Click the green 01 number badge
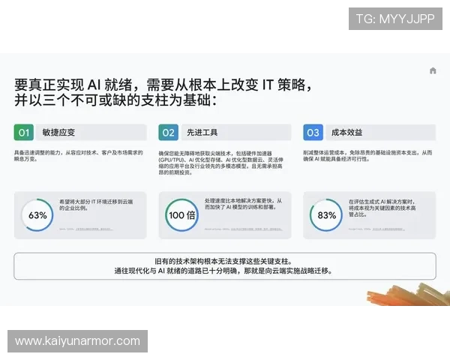coord(24,133)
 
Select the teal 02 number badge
coord(169,133)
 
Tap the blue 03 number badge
coord(313,133)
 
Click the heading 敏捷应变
coord(58,133)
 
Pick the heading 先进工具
coord(202,133)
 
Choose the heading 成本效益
coord(347,133)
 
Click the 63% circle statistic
coord(37,215)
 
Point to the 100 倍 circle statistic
coord(181,215)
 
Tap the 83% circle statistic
coord(326,215)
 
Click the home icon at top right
coord(433,70)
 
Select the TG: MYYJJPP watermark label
coord(395,19)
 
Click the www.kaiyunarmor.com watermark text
coord(77,341)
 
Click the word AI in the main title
coord(100,82)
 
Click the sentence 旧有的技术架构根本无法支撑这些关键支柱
coord(225,260)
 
